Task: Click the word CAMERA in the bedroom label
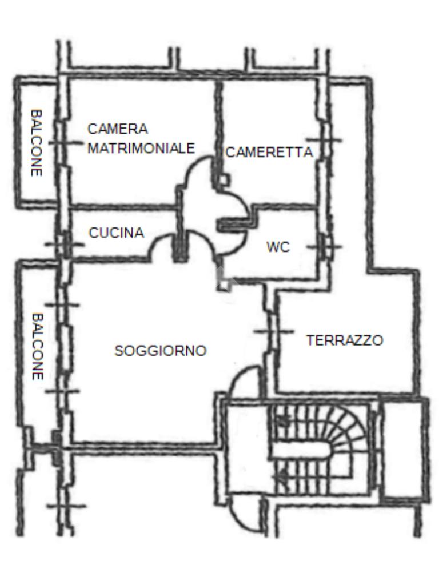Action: (x=118, y=129)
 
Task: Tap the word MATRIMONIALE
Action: (x=141, y=148)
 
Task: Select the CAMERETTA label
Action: (x=269, y=152)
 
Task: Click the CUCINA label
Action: (x=117, y=233)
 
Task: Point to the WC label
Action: (x=278, y=247)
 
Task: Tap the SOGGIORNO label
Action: (x=161, y=351)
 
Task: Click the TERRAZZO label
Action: (x=345, y=340)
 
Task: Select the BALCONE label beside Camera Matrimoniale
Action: (x=37, y=142)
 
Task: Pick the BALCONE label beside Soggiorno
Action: (x=38, y=347)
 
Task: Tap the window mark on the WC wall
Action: (x=324, y=247)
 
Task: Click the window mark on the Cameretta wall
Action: (x=324, y=141)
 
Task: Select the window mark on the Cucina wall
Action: (x=65, y=245)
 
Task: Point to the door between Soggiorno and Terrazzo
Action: (x=273, y=331)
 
